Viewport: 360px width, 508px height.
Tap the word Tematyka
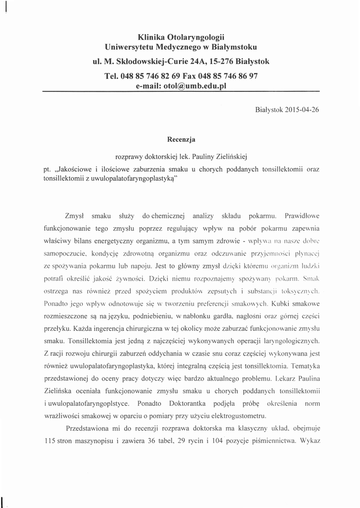pyautogui.click(x=305, y=367)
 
